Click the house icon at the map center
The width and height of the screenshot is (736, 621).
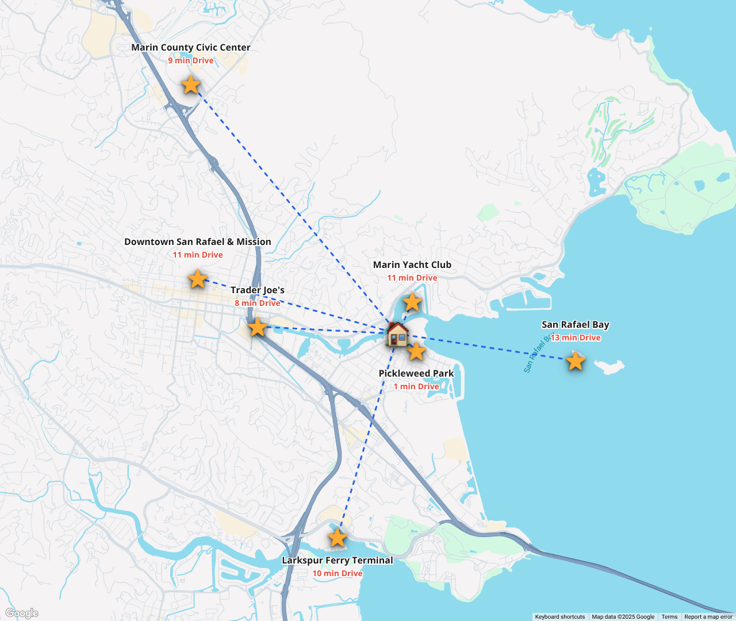coord(397,334)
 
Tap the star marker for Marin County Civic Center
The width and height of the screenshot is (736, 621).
coord(190,85)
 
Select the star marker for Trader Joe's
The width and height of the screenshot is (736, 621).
coord(258,327)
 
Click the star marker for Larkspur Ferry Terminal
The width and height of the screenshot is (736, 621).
coord(338,538)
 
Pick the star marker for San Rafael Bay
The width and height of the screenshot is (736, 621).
coord(575,361)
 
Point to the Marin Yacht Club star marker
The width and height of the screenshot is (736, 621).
coord(412,302)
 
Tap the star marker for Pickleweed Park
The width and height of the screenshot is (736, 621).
coord(416,351)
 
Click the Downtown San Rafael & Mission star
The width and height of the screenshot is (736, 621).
coord(198,279)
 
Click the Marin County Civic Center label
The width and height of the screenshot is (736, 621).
coord(190,48)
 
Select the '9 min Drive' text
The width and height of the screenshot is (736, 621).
coord(190,60)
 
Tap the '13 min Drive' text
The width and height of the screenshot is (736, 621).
coord(576,338)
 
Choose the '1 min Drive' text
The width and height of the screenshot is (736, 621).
coord(416,386)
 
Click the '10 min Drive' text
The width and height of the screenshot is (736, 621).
coord(338,573)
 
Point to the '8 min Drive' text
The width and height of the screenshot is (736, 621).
coord(258,303)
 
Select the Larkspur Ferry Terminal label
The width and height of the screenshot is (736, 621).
coord(338,560)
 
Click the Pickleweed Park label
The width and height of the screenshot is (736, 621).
coord(416,374)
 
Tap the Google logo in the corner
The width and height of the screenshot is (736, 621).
coord(22,613)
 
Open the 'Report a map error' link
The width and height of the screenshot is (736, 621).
coord(708,617)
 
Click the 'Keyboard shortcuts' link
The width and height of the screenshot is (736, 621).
coord(559,617)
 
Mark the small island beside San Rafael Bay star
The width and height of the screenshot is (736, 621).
coord(609,366)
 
